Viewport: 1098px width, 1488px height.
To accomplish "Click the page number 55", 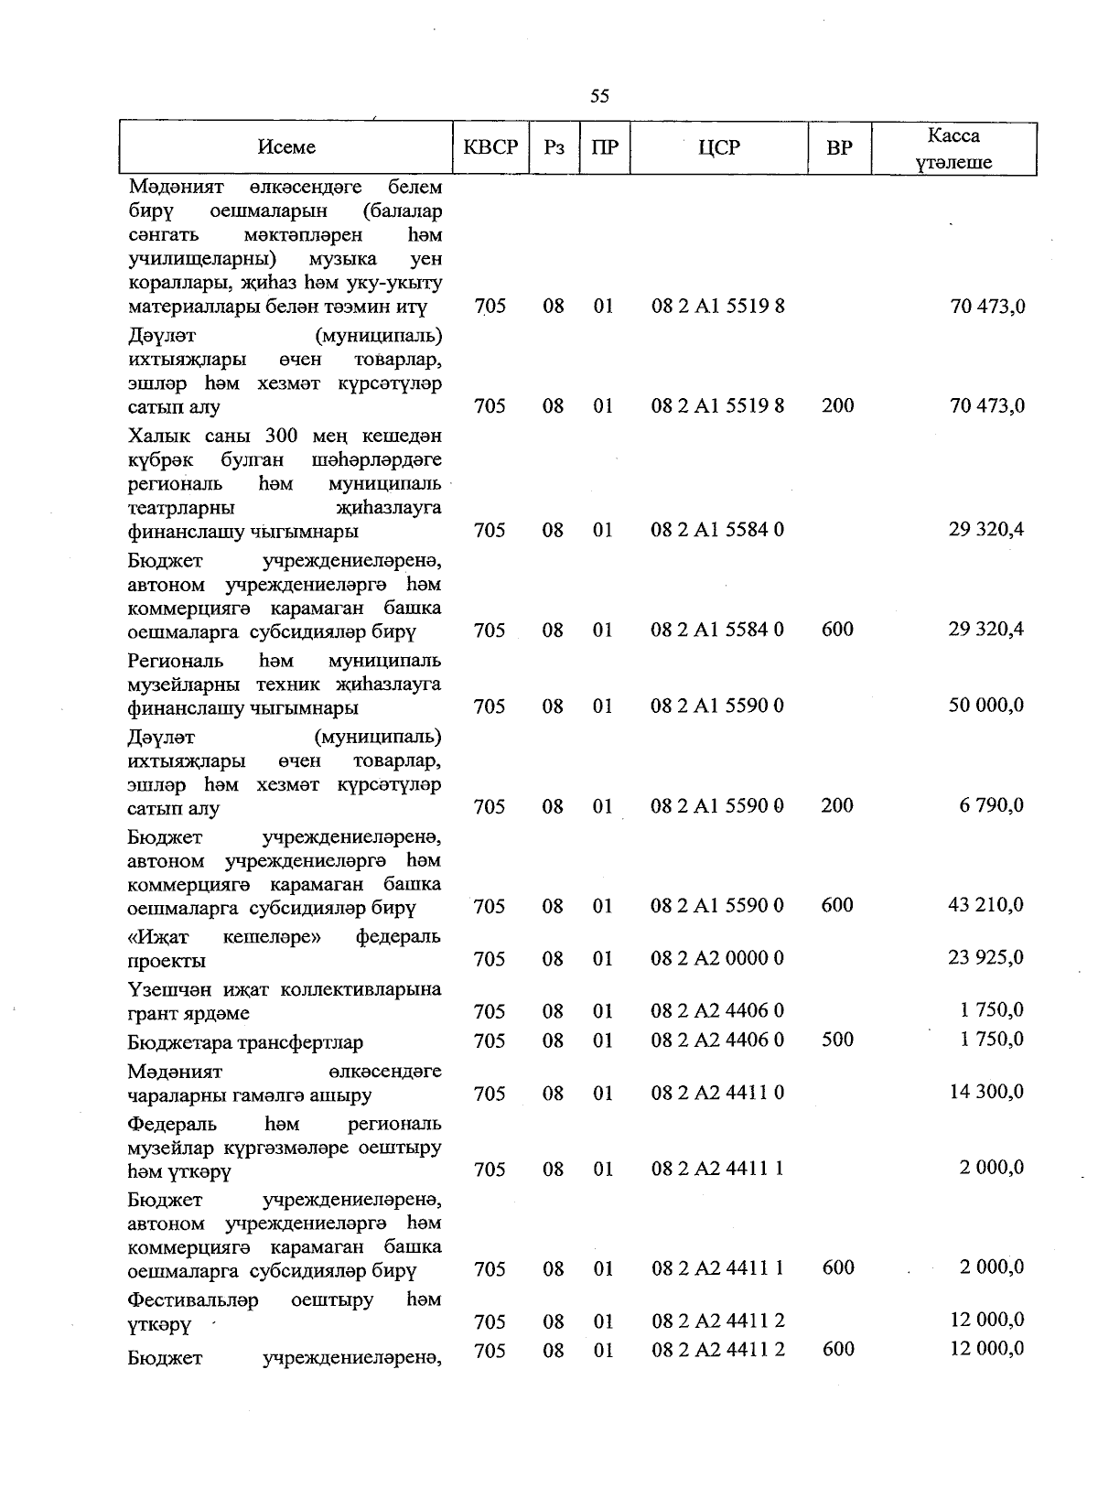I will click(600, 96).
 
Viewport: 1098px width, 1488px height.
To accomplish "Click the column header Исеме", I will click(286, 147).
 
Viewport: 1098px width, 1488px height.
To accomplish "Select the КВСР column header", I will click(490, 147).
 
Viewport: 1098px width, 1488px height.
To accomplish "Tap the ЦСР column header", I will click(718, 147).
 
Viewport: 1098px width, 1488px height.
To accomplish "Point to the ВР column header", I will click(838, 147).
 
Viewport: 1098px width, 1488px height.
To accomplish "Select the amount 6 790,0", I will click(992, 805).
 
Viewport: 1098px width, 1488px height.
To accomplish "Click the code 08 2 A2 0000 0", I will click(717, 958).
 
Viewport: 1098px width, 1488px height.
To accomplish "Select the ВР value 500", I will click(837, 1040).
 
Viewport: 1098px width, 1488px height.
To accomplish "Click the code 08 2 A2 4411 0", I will click(717, 1093).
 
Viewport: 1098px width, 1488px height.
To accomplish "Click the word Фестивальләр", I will click(193, 1300).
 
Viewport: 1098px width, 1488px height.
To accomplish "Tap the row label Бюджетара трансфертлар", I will click(245, 1042).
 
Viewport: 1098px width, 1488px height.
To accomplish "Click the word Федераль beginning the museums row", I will click(172, 1124).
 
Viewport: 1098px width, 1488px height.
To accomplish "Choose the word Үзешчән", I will click(166, 989).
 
